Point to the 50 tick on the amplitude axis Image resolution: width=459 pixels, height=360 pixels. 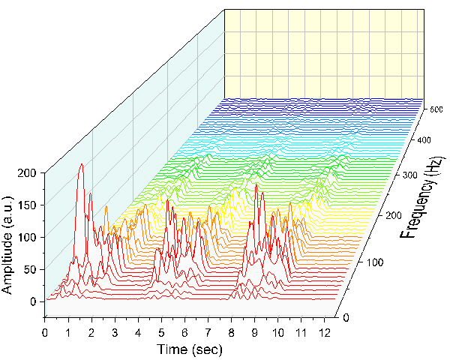[x=30, y=269]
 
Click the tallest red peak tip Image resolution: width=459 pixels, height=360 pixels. [x=81, y=163]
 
